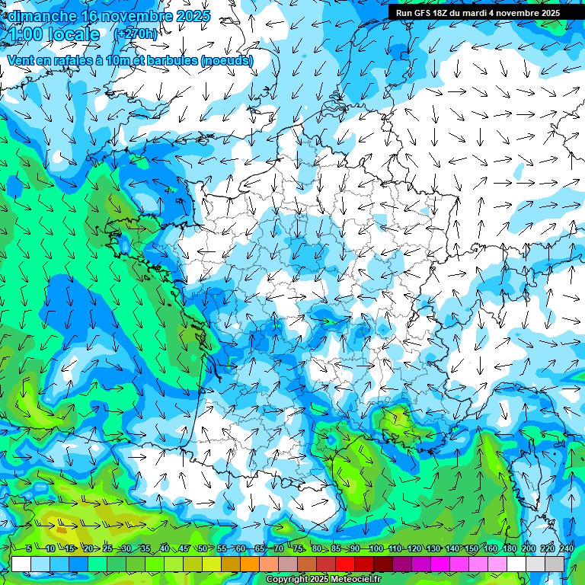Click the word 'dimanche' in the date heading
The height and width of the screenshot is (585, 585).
pos(41,16)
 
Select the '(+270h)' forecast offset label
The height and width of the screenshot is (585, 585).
pos(136,34)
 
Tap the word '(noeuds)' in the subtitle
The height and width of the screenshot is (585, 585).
pos(227,60)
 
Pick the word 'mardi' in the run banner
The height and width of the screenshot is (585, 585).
pos(481,13)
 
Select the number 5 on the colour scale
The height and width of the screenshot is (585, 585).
pos(28,549)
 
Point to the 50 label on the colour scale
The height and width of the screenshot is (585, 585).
pos(203,549)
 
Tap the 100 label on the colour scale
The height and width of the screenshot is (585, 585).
pos(376,549)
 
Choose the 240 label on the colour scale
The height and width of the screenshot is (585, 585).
pos(567,549)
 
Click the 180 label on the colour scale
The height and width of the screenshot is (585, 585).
pos(510,549)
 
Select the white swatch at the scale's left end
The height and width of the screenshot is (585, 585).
pos(21,564)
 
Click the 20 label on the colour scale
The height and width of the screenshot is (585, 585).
pos(88,549)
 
